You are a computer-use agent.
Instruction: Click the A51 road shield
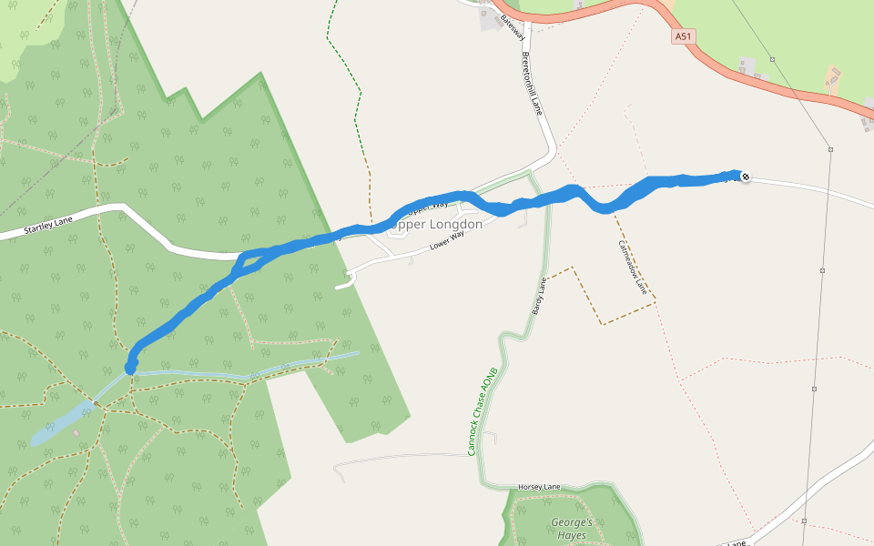point(684,36)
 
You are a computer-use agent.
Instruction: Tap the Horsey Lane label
point(539,487)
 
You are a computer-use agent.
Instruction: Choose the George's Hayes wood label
point(573,529)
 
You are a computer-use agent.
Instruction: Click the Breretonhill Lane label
point(533,81)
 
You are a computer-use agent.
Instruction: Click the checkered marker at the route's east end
point(746,177)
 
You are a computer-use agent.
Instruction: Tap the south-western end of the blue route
point(130,367)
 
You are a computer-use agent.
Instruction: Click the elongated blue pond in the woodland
point(64,423)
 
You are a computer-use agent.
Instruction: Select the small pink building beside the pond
point(76,432)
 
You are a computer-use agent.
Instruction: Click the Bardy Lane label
point(539,296)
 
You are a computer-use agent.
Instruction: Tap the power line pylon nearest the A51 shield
point(772,59)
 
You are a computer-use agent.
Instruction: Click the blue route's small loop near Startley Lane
point(244,263)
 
